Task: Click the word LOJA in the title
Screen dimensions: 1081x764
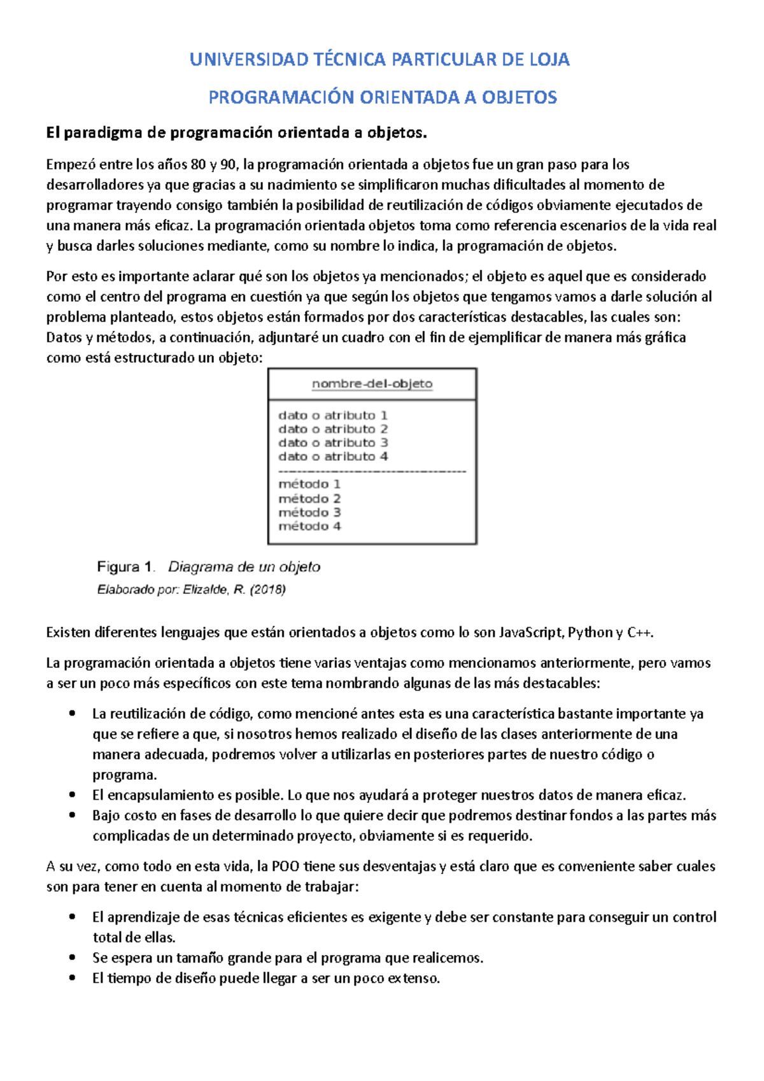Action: tap(549, 60)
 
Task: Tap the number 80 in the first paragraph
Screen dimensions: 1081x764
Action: tap(198, 165)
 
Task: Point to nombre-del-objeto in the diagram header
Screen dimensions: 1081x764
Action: tap(372, 384)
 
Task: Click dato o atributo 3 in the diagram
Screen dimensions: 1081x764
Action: tap(333, 442)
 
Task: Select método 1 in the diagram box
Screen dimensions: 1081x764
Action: tap(309, 484)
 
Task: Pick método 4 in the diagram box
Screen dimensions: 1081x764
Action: tap(309, 526)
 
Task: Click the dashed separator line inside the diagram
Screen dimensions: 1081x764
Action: tap(372, 471)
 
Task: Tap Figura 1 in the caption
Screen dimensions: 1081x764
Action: tap(125, 567)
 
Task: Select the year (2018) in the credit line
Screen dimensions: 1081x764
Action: tap(267, 590)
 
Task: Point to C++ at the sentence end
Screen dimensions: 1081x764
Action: tap(639, 633)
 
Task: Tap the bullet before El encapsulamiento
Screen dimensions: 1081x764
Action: tap(74, 795)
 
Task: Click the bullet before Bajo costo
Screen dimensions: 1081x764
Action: tap(74, 816)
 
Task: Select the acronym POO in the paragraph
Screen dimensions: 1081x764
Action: tap(286, 866)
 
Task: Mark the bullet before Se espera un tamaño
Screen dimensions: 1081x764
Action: tap(74, 958)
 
